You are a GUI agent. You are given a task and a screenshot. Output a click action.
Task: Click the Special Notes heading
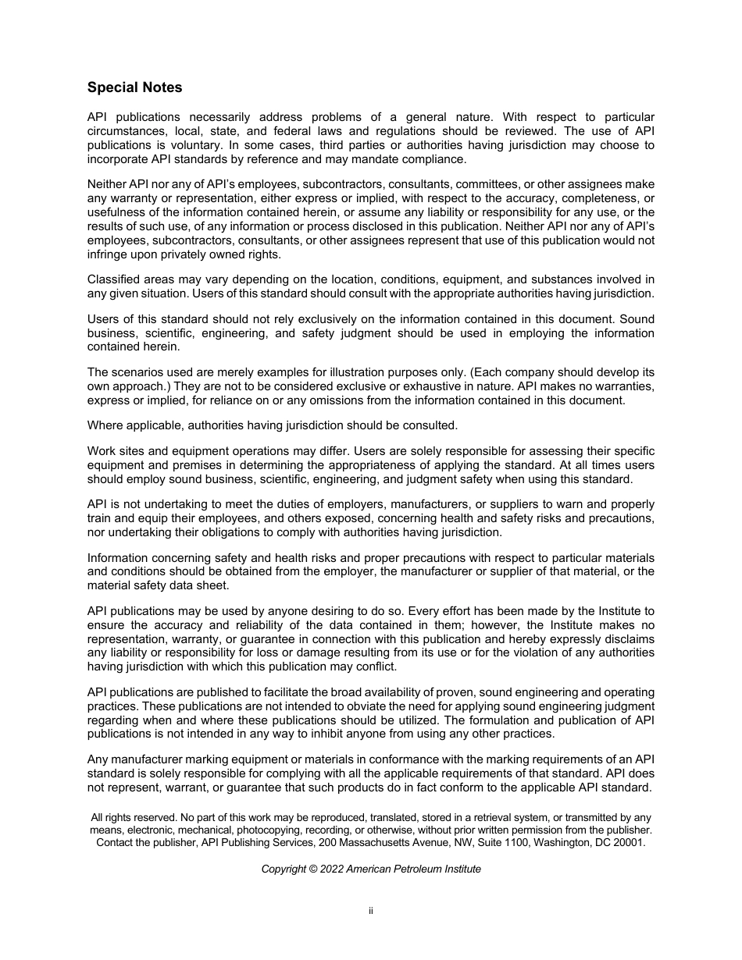point(134,87)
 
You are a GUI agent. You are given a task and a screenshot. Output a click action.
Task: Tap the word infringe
point(109,254)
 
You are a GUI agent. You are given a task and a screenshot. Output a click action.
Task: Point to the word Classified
point(114,279)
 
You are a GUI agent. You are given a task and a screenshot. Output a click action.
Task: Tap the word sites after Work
point(133,451)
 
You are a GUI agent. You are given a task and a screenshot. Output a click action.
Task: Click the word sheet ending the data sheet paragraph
point(213,585)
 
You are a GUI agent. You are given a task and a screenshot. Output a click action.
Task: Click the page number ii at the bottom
point(371,910)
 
